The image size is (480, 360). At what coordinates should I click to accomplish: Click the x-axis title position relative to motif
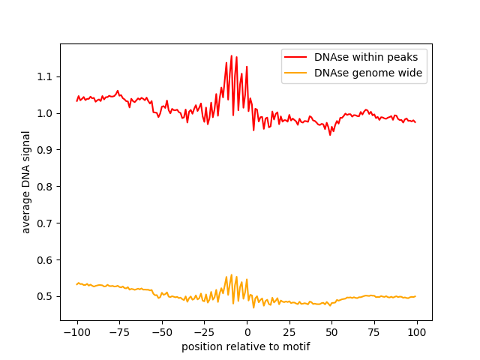246,346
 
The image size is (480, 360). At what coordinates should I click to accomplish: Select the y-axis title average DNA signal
26,182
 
